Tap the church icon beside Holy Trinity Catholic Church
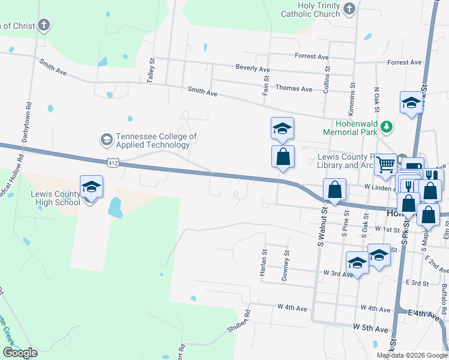click(350, 8)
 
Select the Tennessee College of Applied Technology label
click(156, 140)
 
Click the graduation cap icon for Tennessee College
click(106, 140)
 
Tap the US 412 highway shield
click(112, 162)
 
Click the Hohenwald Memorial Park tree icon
click(387, 127)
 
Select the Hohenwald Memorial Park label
click(349, 127)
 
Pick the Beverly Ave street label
click(252, 69)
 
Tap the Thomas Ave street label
click(294, 89)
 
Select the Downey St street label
click(286, 266)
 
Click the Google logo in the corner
click(20, 353)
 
